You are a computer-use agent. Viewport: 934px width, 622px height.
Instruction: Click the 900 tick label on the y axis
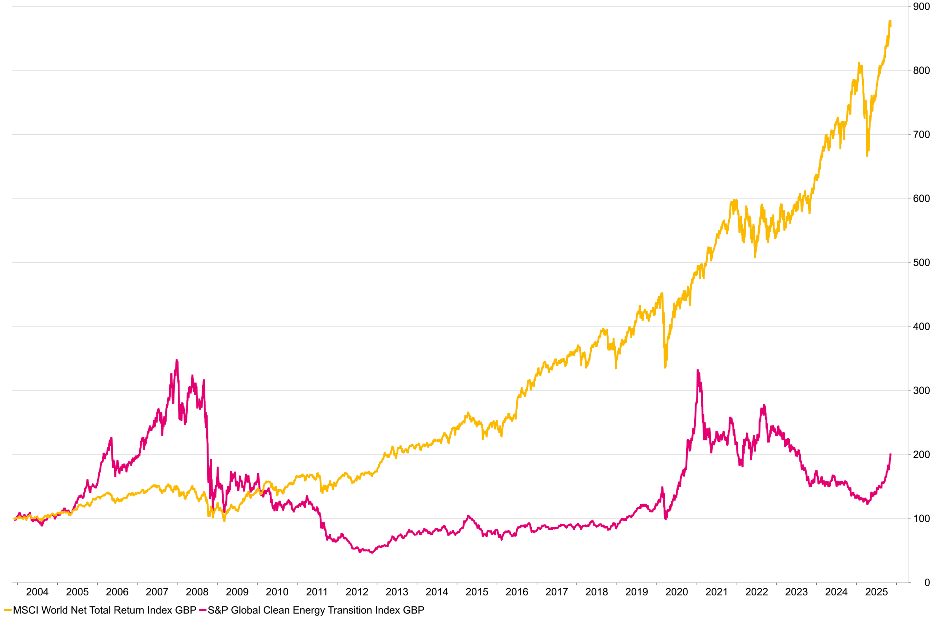tap(921, 7)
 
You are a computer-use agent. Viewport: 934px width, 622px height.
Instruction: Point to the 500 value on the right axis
tap(921, 263)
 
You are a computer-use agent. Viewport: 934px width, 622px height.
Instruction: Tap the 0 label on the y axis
tap(927, 583)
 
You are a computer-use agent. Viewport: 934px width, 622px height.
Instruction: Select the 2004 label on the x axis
tap(37, 592)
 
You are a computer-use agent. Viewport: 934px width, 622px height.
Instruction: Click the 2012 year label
tap(356, 592)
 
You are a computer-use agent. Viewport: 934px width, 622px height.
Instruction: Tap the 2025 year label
tap(876, 592)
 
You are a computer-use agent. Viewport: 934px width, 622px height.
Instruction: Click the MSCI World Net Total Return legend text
tap(105, 610)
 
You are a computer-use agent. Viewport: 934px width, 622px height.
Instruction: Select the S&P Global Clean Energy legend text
tap(316, 610)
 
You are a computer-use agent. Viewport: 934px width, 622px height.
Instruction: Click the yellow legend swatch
tap(8, 610)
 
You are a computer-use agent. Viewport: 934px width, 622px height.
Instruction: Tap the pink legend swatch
tap(202, 610)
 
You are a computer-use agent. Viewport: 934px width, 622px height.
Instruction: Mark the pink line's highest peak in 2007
tap(177, 360)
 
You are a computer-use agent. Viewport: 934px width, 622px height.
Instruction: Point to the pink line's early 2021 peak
tap(698, 371)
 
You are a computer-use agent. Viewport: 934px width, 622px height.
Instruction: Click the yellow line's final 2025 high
tap(890, 21)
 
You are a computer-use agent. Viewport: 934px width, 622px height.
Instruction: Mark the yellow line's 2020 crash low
tap(665, 367)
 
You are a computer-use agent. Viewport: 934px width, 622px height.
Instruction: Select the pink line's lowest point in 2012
tap(372, 553)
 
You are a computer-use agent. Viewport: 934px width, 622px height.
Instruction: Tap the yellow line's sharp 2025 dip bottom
tap(867, 156)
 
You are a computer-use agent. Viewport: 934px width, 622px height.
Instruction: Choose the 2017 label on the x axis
tap(556, 592)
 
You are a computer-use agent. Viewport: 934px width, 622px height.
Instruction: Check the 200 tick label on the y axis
tap(921, 455)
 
